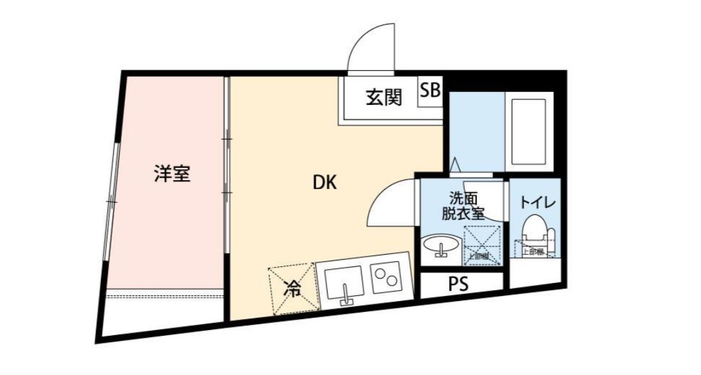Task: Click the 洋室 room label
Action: click(172, 174)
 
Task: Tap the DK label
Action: click(325, 183)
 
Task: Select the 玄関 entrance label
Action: click(384, 98)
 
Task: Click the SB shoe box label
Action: click(431, 91)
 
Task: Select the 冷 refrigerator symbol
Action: click(294, 289)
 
